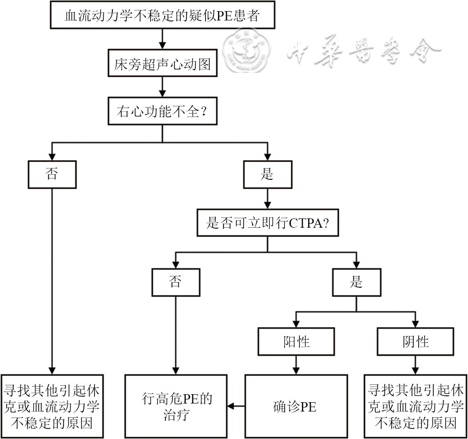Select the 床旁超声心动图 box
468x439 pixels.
coord(162,65)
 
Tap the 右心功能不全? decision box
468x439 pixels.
coord(162,112)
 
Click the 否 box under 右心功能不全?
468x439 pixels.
coord(52,174)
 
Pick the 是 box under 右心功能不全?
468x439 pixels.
coord(267,174)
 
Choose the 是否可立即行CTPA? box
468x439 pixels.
coord(267,223)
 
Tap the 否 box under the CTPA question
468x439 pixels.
coord(175,282)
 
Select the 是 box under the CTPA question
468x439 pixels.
coord(356,282)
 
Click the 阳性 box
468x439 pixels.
coord(296,342)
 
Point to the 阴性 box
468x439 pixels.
coord(416,342)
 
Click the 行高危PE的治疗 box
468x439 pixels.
coord(175,406)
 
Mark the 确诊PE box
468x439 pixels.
coord(296,406)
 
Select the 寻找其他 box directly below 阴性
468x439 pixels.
coord(416,406)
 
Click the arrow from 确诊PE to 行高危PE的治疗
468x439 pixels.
coord(236,406)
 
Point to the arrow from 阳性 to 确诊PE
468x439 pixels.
coord(296,365)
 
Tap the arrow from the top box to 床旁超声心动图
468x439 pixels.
coord(162,39)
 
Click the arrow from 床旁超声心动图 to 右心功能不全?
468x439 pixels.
coord(162,87)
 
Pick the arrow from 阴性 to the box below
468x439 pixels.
coord(416,365)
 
